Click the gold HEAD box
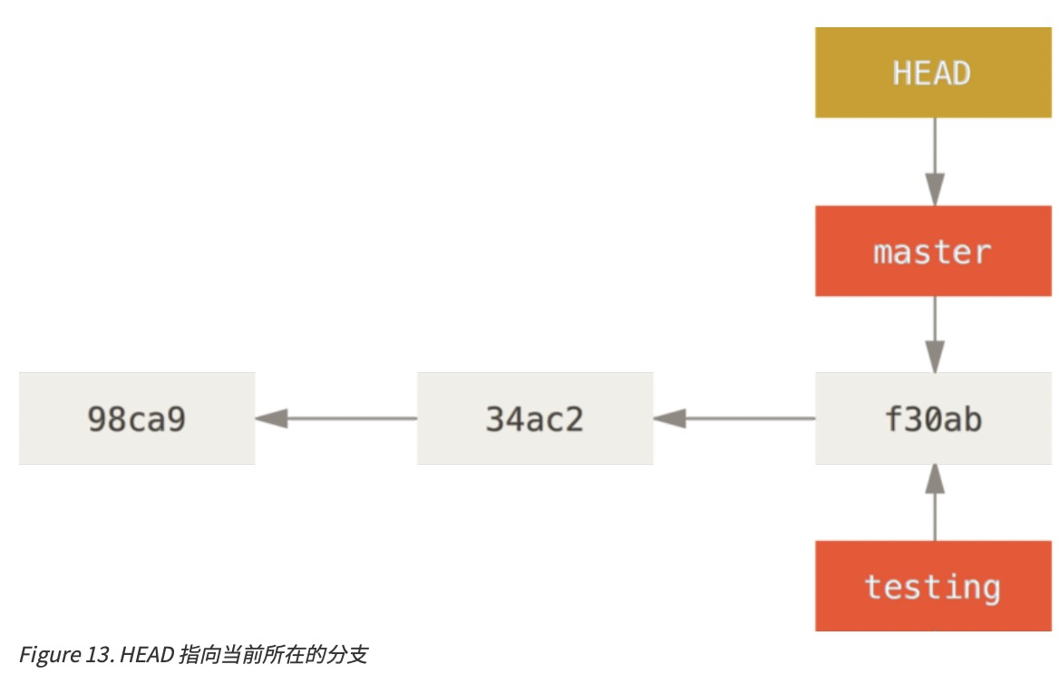(934, 72)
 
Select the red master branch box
(934, 251)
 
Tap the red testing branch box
(934, 586)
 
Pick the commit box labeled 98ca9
(137, 419)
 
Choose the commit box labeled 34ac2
(535, 419)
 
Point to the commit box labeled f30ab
(934, 419)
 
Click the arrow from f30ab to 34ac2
(734, 419)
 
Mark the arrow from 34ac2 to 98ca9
(336, 419)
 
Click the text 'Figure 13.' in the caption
(59, 654)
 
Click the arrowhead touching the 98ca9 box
(270, 419)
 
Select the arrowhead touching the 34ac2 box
(668, 419)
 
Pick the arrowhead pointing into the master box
(934, 191)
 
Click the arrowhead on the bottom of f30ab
(934, 479)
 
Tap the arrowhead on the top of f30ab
(934, 357)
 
